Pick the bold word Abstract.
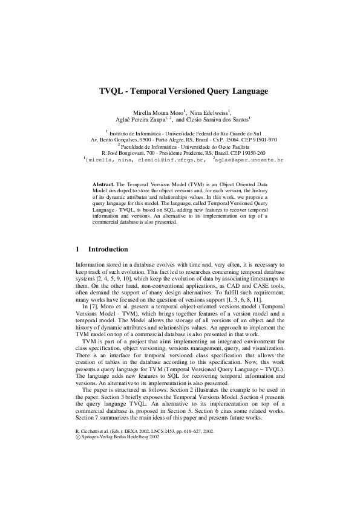tap(103, 183)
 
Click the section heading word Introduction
tap(108, 249)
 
